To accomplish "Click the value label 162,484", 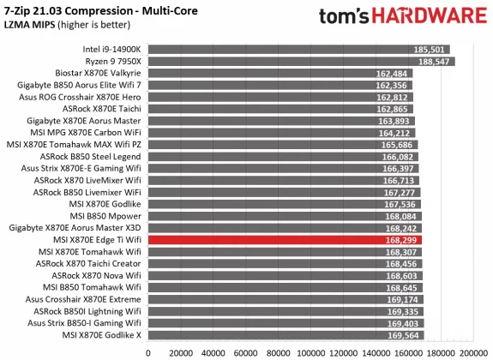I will (393, 74).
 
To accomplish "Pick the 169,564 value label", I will (404, 336).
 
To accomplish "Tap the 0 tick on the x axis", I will (148, 351).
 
